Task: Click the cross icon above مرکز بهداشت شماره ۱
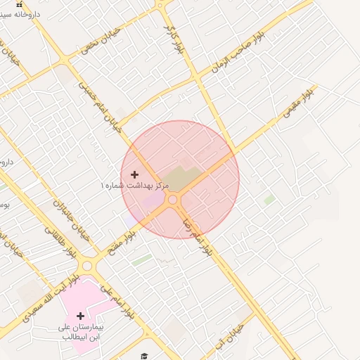coord(134,174)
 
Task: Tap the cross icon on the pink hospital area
coord(80,316)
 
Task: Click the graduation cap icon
coord(144,356)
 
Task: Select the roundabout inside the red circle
coord(172,200)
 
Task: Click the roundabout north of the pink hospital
coord(88,266)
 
